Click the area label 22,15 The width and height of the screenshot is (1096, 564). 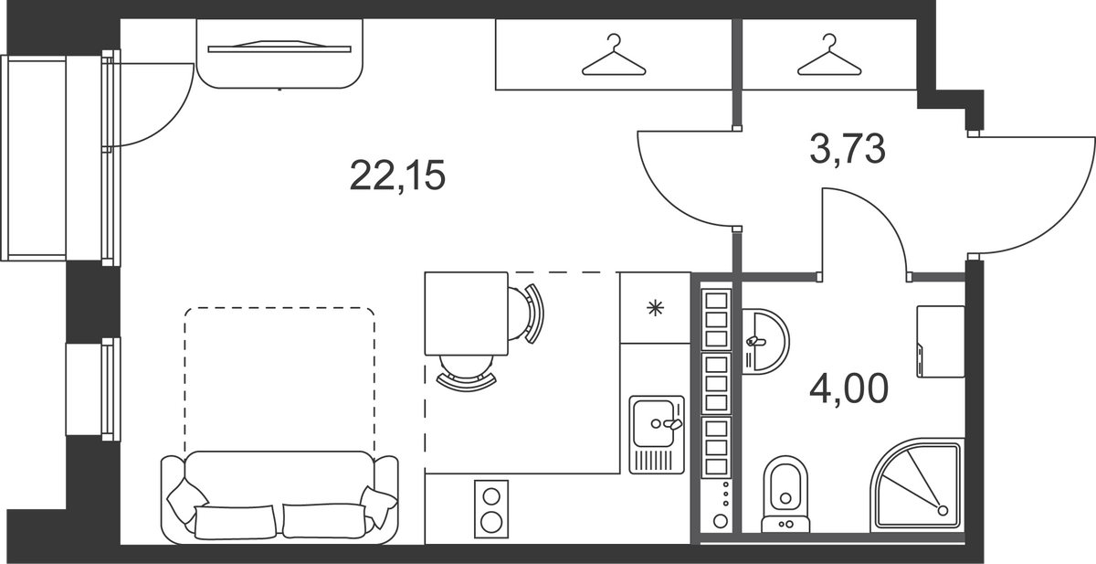(x=397, y=176)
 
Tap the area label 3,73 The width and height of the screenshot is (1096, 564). (x=848, y=149)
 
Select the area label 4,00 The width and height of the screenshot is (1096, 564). (x=848, y=388)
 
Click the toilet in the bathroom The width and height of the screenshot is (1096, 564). (x=785, y=495)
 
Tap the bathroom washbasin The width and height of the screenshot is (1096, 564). (x=764, y=341)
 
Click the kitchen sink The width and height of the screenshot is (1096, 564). (x=656, y=434)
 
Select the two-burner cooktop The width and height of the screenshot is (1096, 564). (x=491, y=508)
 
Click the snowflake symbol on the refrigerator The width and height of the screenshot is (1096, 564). (x=655, y=308)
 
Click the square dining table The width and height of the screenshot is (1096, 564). (x=467, y=314)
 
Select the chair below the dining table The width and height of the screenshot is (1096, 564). (x=467, y=372)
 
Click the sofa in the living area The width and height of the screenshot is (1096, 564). (x=279, y=497)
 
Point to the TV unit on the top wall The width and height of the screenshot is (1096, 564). (x=279, y=54)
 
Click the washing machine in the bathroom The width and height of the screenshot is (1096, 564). (x=941, y=341)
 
